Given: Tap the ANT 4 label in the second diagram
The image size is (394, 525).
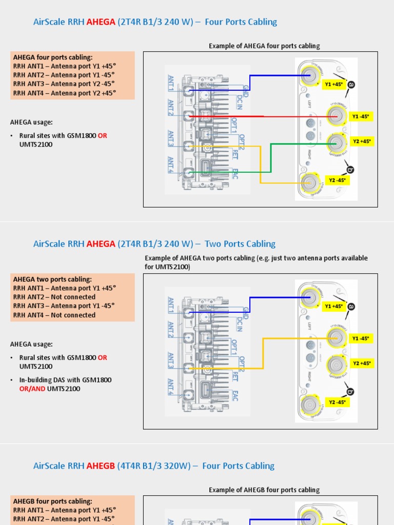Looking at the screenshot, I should (x=171, y=387).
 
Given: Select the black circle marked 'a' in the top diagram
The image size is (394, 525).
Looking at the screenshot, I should (x=351, y=85).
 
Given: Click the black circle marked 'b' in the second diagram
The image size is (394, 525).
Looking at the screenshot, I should (x=351, y=392).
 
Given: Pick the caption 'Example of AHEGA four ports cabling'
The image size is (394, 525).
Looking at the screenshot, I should (x=264, y=46).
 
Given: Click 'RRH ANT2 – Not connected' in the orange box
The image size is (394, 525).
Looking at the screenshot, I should (x=54, y=297).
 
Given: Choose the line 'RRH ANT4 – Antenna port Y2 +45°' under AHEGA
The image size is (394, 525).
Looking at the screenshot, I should (x=65, y=93).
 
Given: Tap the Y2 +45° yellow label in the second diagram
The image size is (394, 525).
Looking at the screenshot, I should (x=362, y=363).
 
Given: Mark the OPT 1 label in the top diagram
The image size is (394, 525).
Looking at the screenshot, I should (x=234, y=125).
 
